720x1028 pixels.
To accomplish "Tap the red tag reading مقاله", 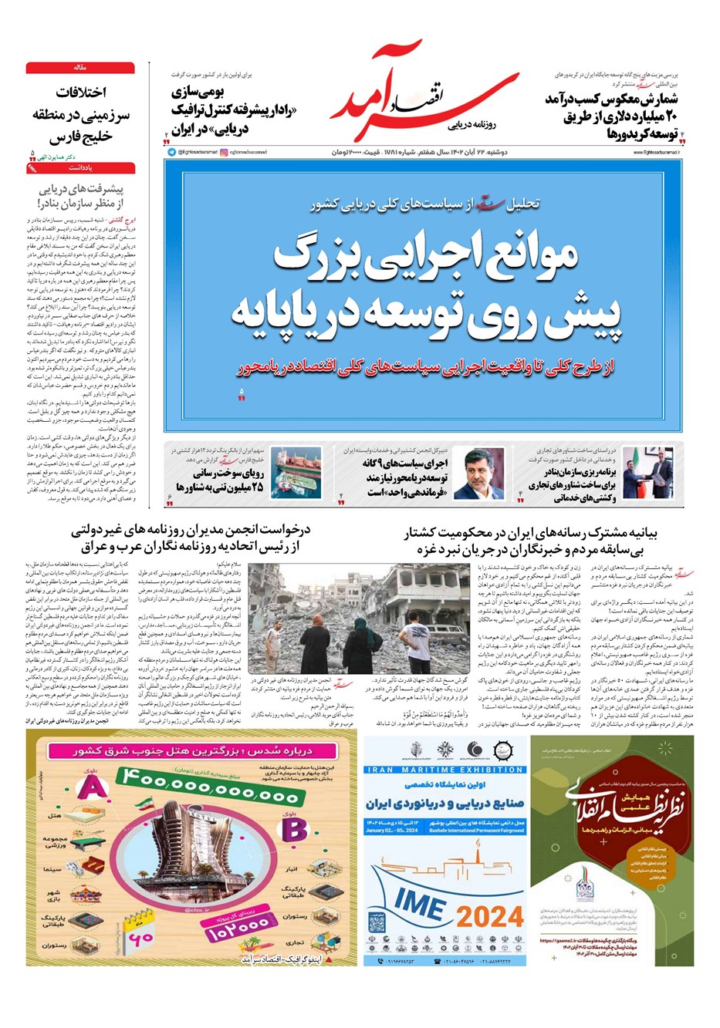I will [x=80, y=68].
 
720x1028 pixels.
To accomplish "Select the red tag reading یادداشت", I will [x=80, y=167].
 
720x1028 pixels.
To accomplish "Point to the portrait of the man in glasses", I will [x=483, y=474].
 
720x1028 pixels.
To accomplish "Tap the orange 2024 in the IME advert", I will [x=490, y=916].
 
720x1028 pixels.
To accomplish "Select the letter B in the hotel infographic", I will [x=294, y=829].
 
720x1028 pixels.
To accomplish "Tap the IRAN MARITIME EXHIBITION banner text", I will [x=446, y=770].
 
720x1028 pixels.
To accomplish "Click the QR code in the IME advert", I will [x=377, y=922].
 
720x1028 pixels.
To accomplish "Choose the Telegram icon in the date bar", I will [x=171, y=153].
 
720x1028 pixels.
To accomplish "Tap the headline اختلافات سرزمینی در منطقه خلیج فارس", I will [x=80, y=115].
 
